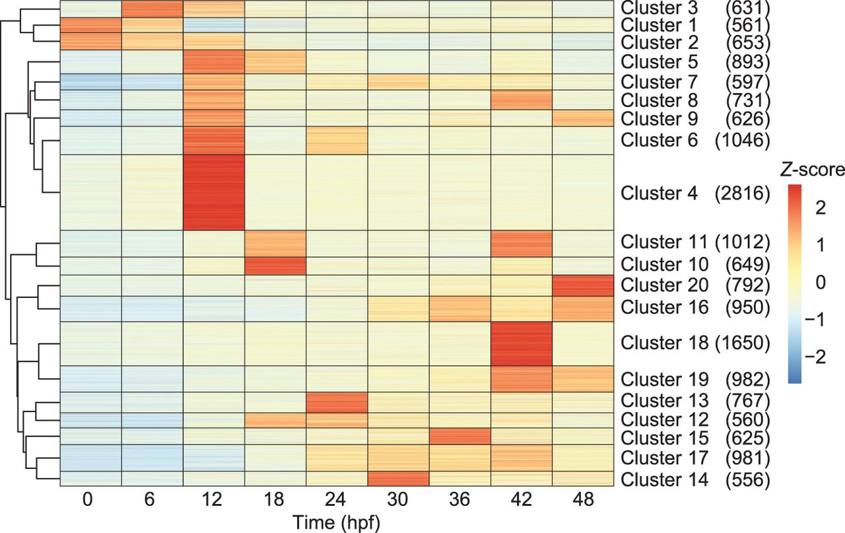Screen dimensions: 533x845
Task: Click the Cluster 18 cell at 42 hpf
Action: [x=521, y=343]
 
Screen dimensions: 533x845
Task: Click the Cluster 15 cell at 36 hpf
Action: [x=459, y=437]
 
